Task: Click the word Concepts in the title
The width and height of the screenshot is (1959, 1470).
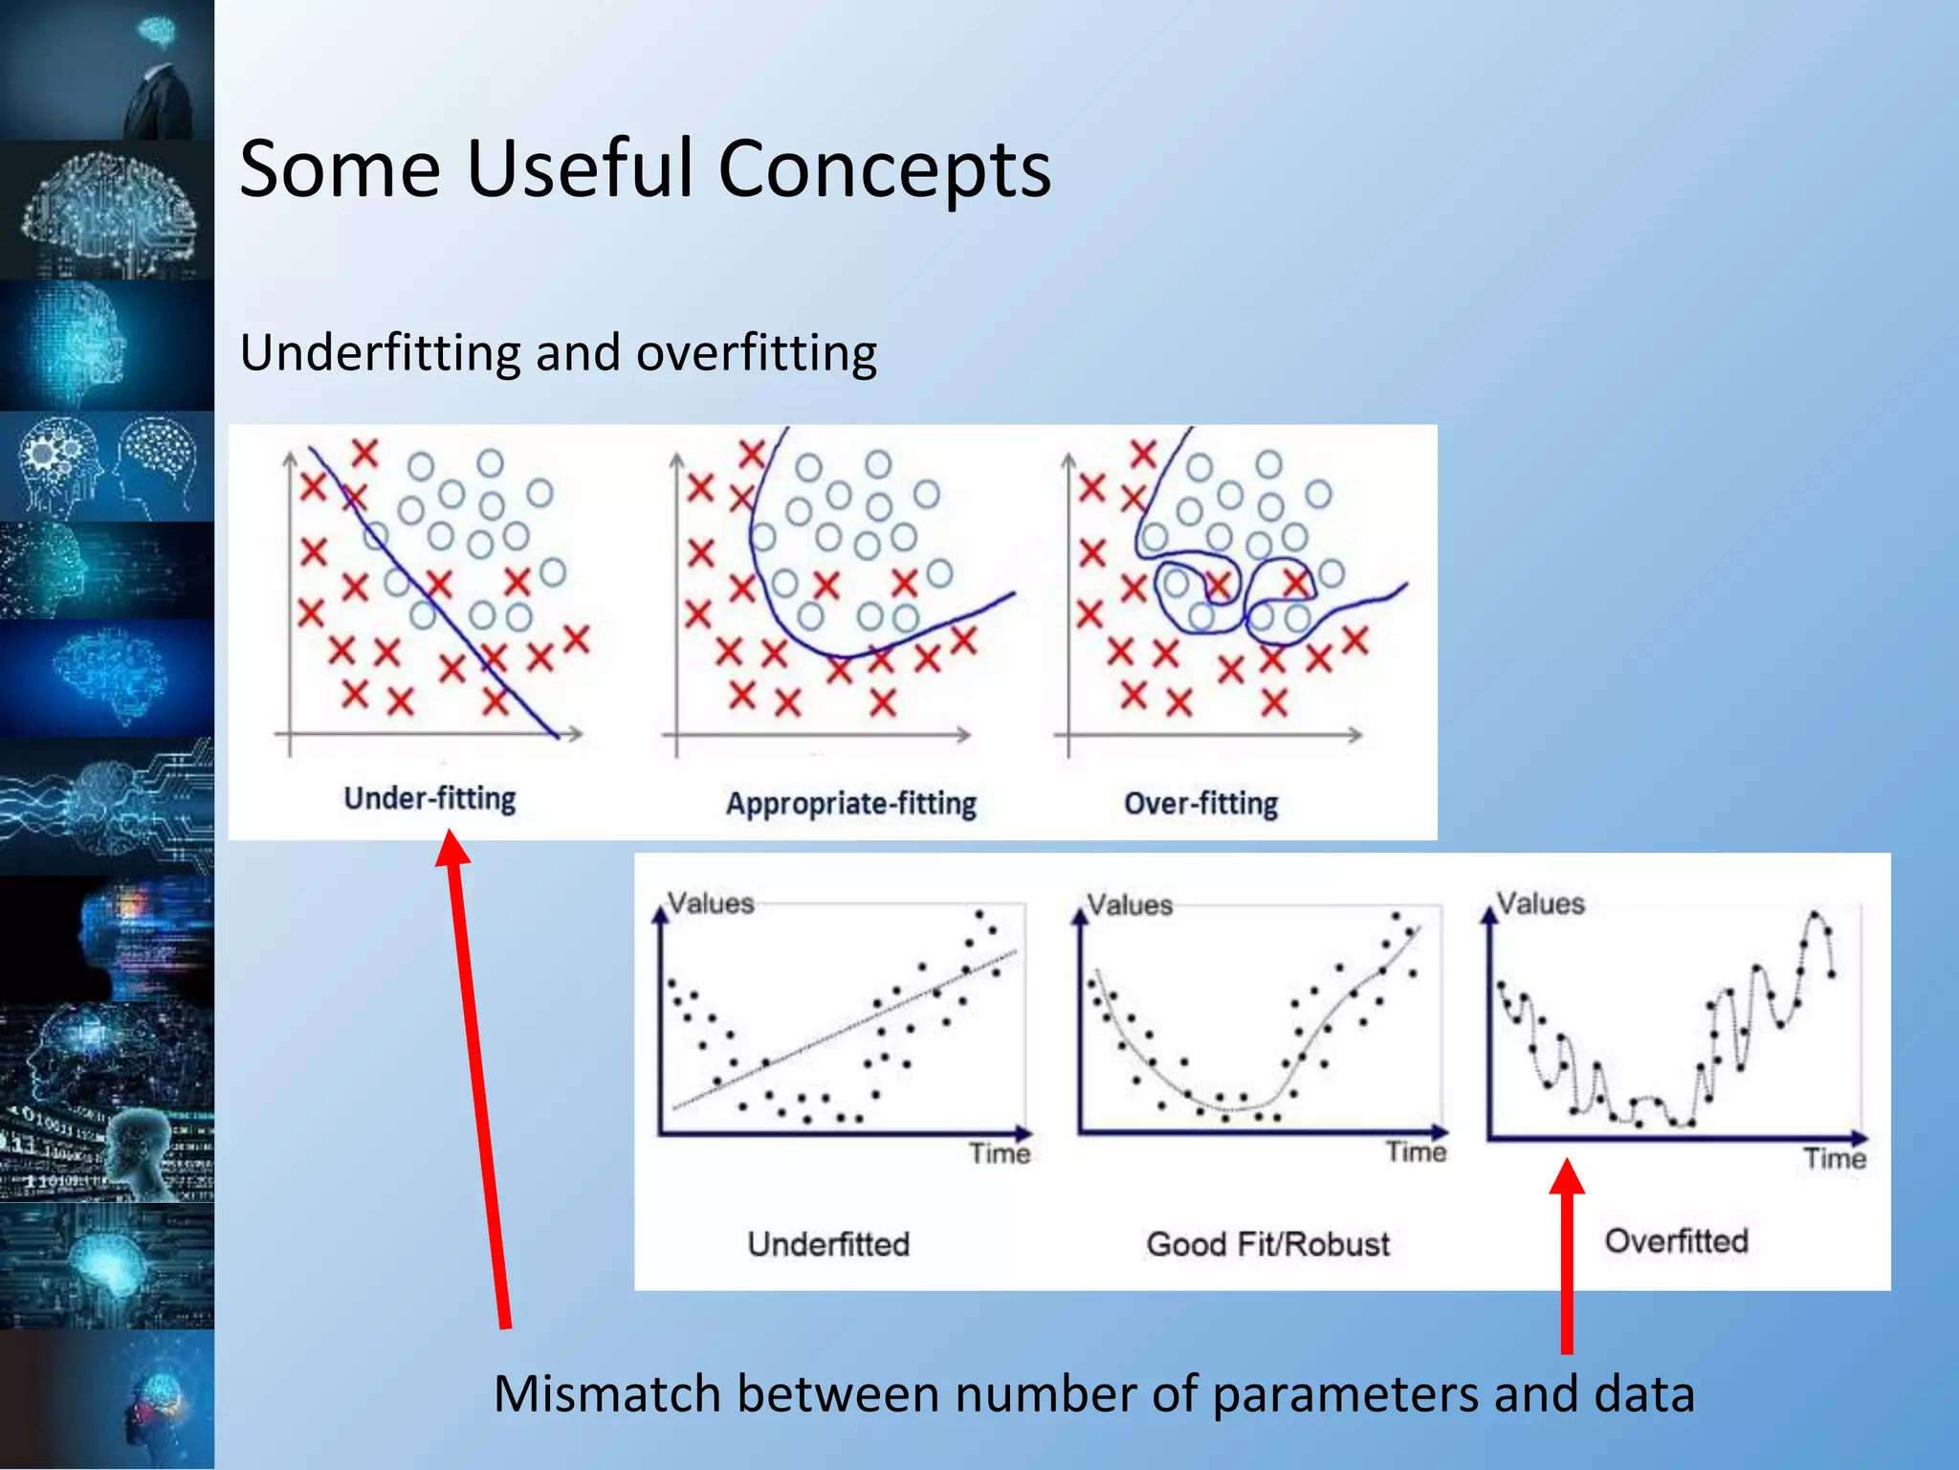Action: [x=885, y=169]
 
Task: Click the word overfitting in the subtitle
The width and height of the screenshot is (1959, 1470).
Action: [x=756, y=353]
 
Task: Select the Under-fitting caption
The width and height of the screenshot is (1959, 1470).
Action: [x=429, y=798]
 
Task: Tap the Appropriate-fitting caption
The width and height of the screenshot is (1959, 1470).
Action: [x=850, y=804]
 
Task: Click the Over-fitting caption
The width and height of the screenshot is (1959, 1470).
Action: [x=1200, y=804]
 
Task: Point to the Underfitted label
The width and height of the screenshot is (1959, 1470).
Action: [x=828, y=1244]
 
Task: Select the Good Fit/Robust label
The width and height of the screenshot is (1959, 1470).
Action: [x=1267, y=1244]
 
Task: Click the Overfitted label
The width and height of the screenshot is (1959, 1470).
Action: [x=1676, y=1241]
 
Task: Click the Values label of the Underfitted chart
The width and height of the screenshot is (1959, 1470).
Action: [x=711, y=903]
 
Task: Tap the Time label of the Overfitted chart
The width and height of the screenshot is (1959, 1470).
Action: [x=1835, y=1159]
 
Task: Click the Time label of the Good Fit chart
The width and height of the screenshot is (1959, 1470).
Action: [x=1416, y=1152]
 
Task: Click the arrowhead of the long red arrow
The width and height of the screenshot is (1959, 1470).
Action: [x=451, y=848]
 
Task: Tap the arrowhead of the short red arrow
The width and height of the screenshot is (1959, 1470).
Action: [x=1567, y=1177]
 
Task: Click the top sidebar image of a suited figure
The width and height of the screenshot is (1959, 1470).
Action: [x=107, y=70]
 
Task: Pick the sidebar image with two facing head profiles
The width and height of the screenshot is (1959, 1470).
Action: [x=107, y=467]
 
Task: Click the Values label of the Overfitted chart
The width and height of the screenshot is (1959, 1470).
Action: [x=1540, y=903]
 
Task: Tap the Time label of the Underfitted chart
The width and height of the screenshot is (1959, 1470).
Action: [x=1000, y=1153]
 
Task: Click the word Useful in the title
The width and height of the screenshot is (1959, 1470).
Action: [x=579, y=169]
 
